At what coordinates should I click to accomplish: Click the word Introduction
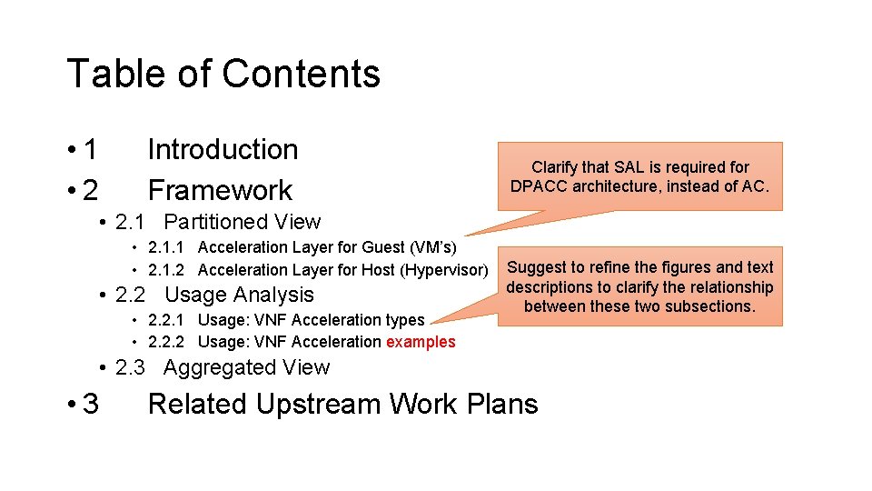click(x=223, y=149)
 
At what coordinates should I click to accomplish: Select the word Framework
click(x=220, y=190)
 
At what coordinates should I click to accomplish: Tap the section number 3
click(x=90, y=404)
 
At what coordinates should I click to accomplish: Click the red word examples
click(x=421, y=342)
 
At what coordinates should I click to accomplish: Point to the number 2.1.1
click(x=165, y=247)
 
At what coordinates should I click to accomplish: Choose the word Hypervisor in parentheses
click(x=445, y=270)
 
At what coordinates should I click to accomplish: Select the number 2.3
click(x=133, y=367)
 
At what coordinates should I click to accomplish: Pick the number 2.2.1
click(x=165, y=320)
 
